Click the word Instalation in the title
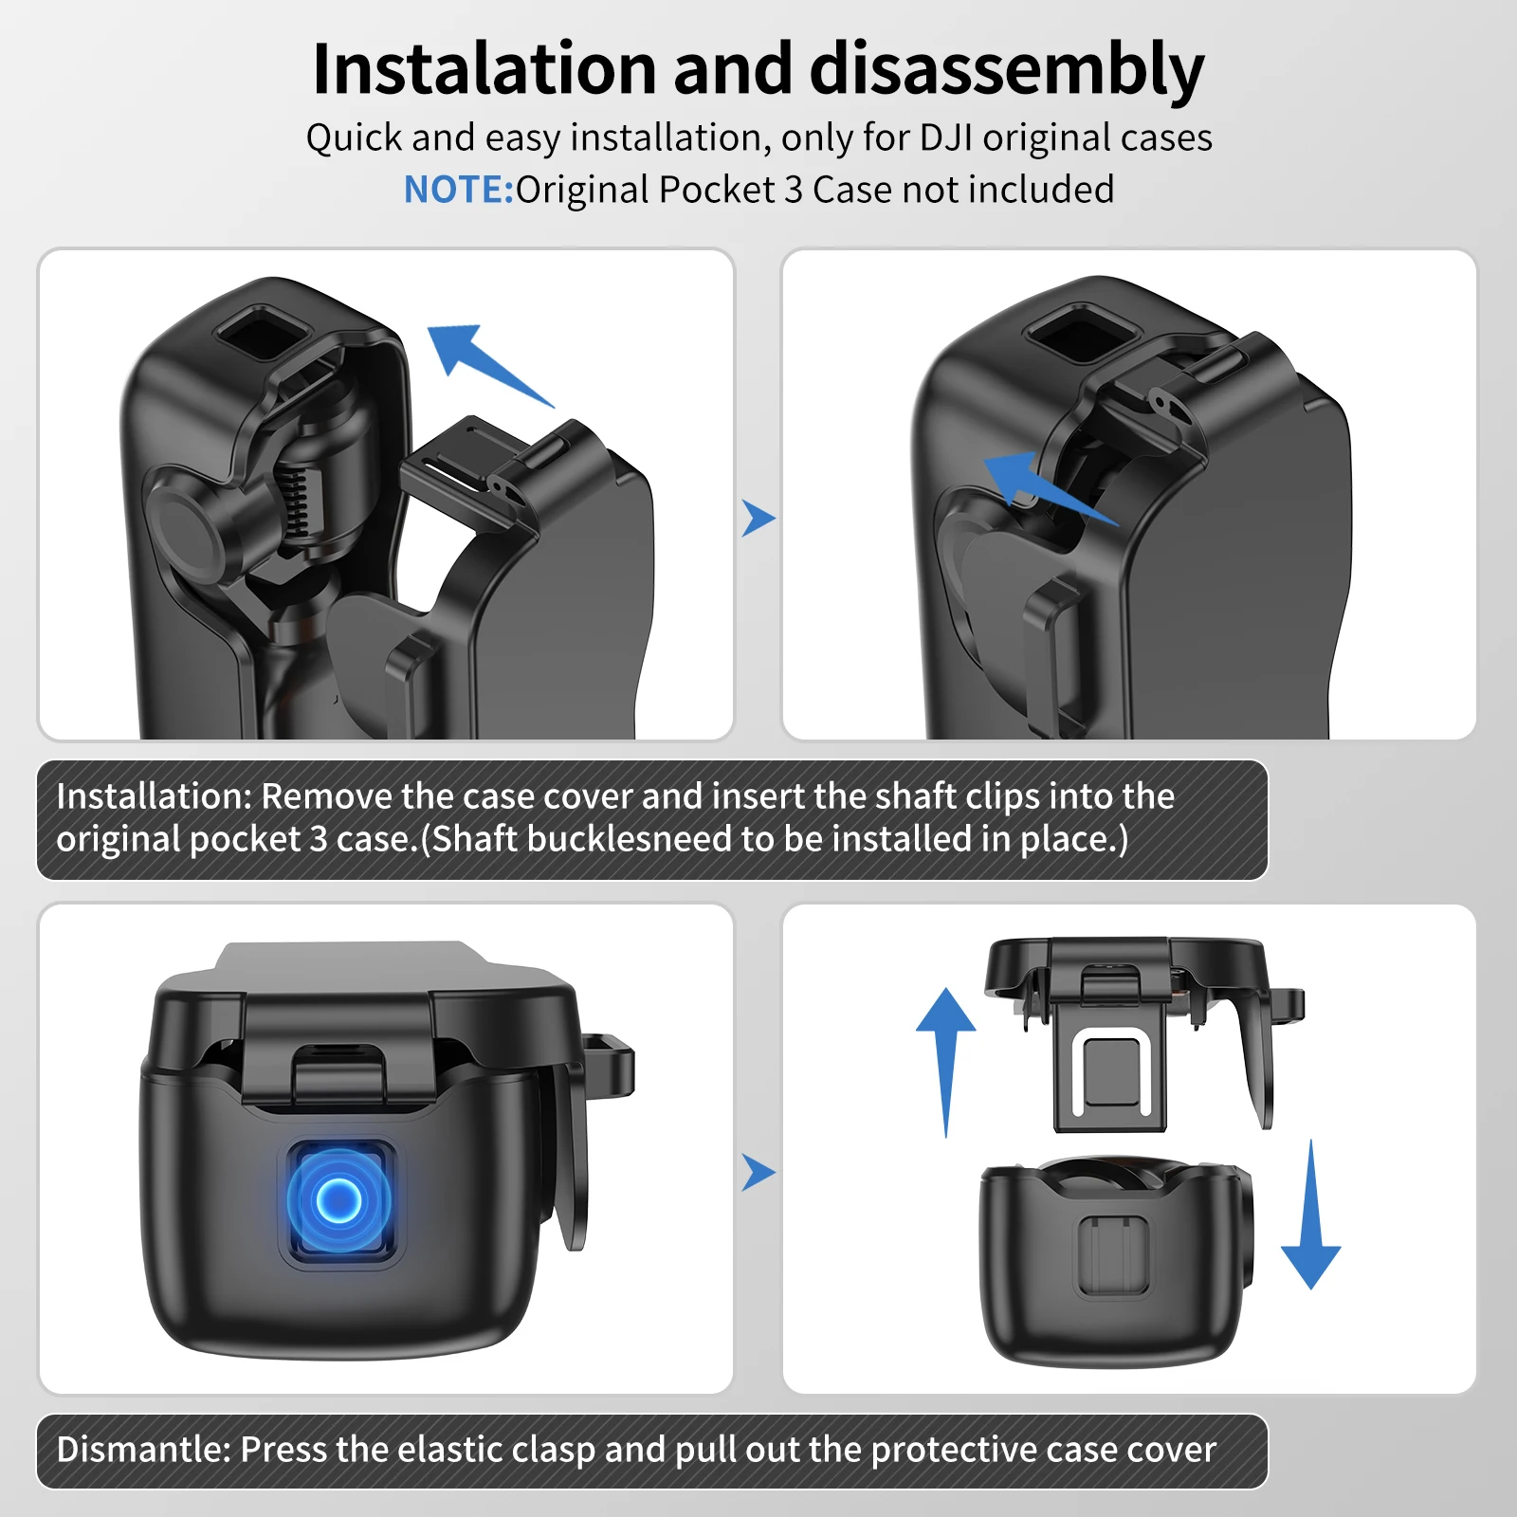(484, 68)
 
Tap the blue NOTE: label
(459, 190)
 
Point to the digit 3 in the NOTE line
(794, 190)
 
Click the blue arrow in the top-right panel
(1051, 487)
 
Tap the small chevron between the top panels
(758, 518)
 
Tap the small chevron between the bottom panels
(758, 1172)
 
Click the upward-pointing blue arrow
(945, 1061)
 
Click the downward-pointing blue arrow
(1311, 1215)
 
